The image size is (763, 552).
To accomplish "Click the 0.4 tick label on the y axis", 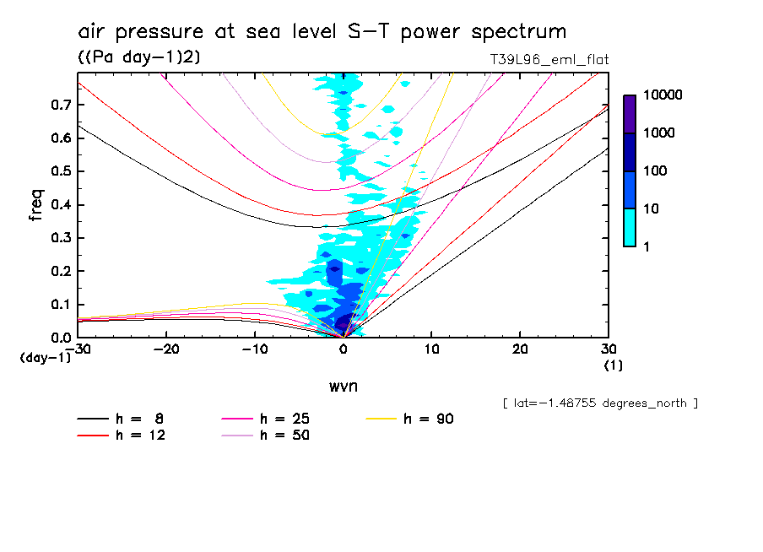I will [x=60, y=204].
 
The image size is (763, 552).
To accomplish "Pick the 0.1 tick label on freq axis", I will [x=60, y=304].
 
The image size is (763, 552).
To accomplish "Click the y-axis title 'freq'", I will [x=36, y=205].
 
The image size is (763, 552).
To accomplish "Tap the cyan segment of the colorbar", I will [x=630, y=227].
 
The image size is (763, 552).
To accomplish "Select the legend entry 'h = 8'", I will [x=120, y=419].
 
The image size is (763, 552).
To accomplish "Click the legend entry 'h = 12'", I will [x=120, y=435].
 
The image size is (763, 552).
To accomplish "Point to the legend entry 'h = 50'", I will [x=265, y=435].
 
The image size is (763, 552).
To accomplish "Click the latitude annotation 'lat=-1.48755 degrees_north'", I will [x=599, y=403].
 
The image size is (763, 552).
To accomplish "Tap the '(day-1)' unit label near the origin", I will [x=45, y=357].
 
